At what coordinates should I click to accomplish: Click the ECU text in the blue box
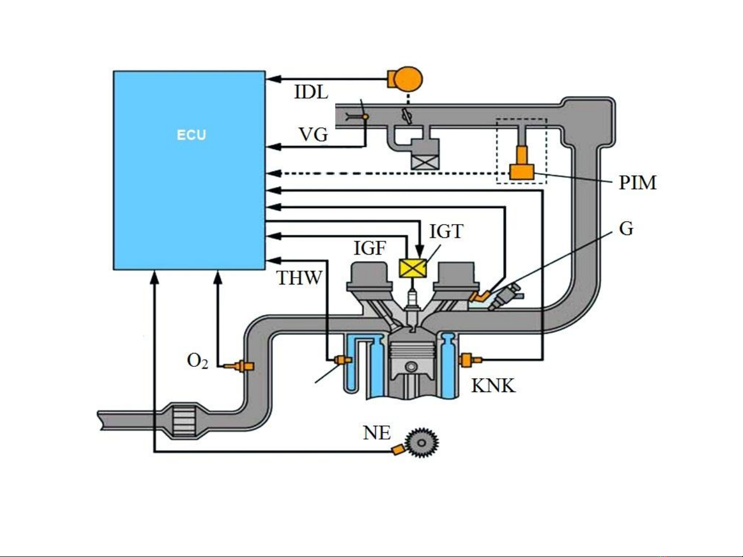[191, 135]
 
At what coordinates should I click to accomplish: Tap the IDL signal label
[311, 92]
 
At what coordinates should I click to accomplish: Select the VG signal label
[313, 134]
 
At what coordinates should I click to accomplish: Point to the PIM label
[638, 183]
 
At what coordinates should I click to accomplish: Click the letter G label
[626, 228]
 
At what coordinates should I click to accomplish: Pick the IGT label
[446, 232]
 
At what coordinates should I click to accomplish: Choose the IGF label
[370, 248]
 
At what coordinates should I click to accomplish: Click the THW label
[300, 278]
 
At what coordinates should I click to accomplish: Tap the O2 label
[198, 361]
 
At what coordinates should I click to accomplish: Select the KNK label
[493, 385]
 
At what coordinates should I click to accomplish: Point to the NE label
[376, 433]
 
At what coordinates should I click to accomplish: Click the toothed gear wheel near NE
[422, 443]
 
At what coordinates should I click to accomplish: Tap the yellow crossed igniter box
[413, 268]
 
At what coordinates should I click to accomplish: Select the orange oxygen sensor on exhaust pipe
[243, 366]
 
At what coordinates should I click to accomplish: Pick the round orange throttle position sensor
[406, 79]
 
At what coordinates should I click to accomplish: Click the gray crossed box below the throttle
[425, 162]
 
